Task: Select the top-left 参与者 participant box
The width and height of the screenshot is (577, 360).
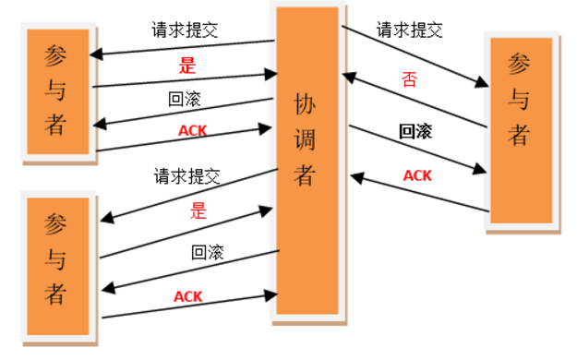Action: pos(57,90)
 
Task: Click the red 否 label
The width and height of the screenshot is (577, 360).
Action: pos(410,78)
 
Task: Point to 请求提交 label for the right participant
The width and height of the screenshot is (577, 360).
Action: pos(409,30)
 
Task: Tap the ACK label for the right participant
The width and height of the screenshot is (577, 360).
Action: pos(417,174)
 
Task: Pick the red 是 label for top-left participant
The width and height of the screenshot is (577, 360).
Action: pos(186,66)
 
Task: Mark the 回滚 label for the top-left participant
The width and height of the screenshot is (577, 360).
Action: pos(185,99)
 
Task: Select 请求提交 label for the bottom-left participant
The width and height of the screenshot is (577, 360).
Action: pos(187,175)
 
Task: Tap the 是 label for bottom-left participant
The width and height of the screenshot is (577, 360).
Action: pos(198,210)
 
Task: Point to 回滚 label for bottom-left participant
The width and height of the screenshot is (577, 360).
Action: pos(208,251)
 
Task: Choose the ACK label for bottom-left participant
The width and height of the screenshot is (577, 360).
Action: pos(188,296)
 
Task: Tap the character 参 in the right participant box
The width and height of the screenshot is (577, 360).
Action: pos(520,66)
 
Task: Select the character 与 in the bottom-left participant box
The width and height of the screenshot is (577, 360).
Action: pos(57,261)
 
